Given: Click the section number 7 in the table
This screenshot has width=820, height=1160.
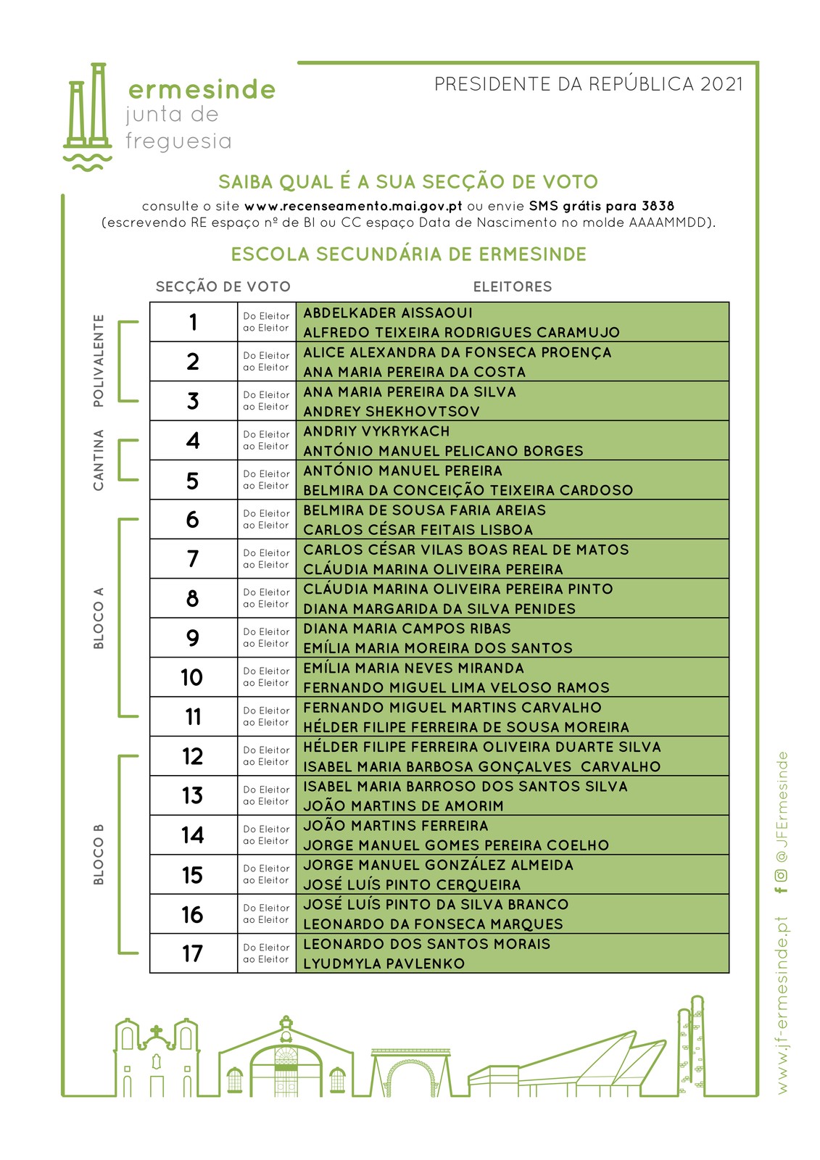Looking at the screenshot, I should pyautogui.click(x=193, y=559).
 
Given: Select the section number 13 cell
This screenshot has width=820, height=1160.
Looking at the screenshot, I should pyautogui.click(x=193, y=796).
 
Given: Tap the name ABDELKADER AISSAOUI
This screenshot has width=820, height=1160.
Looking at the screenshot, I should pyautogui.click(x=388, y=313).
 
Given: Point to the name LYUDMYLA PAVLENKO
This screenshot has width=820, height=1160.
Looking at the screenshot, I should pyautogui.click(x=384, y=964).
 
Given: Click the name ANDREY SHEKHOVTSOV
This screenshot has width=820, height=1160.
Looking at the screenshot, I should pyautogui.click(x=392, y=412).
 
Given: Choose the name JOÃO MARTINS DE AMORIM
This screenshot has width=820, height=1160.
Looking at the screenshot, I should pyautogui.click(x=403, y=806).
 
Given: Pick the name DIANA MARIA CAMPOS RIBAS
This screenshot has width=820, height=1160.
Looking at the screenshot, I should pyautogui.click(x=407, y=629).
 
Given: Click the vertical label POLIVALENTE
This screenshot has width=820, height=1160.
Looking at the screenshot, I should pyautogui.click(x=99, y=361).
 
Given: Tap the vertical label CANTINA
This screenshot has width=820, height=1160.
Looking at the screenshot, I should pyautogui.click(x=99, y=460).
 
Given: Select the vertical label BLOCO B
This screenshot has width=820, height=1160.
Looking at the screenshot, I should pyautogui.click(x=99, y=855).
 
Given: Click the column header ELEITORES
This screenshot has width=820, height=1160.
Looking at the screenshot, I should pyautogui.click(x=513, y=287).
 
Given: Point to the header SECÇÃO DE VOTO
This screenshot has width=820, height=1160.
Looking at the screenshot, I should pyautogui.click(x=223, y=287).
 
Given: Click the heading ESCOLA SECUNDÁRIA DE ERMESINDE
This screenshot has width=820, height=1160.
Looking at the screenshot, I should pyautogui.click(x=409, y=254).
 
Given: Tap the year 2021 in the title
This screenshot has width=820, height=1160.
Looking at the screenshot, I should pyautogui.click(x=721, y=85).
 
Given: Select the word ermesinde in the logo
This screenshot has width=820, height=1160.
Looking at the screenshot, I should pyautogui.click(x=202, y=90).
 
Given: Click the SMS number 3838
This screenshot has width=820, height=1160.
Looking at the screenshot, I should pyautogui.click(x=658, y=206).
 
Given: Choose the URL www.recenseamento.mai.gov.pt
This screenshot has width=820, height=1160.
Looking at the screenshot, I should pyautogui.click(x=353, y=206).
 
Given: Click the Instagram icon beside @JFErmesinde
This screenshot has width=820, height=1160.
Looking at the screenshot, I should pyautogui.click(x=782, y=875).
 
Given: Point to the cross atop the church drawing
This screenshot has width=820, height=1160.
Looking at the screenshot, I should pyautogui.click(x=156, y=1031).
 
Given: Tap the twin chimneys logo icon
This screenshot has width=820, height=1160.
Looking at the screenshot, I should pyautogui.click(x=88, y=116).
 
